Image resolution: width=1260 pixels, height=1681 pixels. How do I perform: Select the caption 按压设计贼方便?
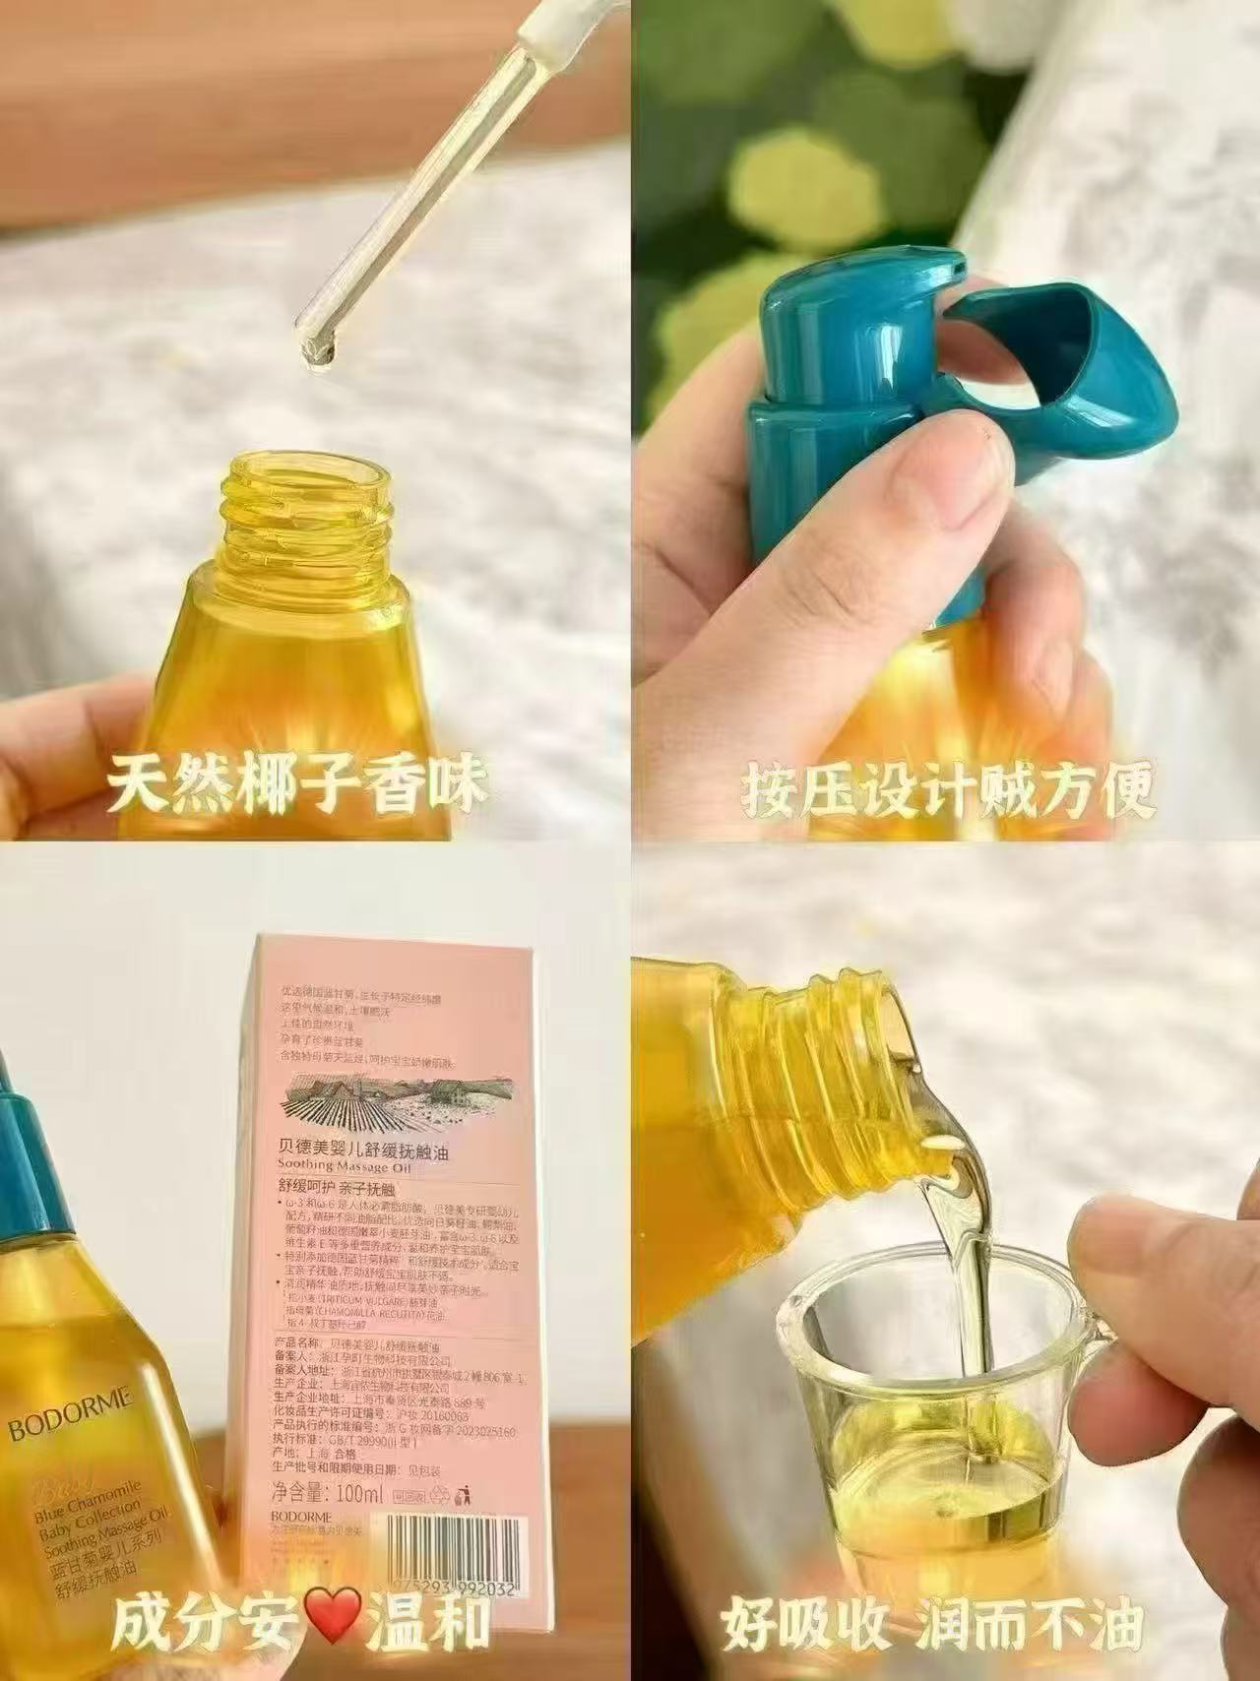[x=949, y=788]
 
